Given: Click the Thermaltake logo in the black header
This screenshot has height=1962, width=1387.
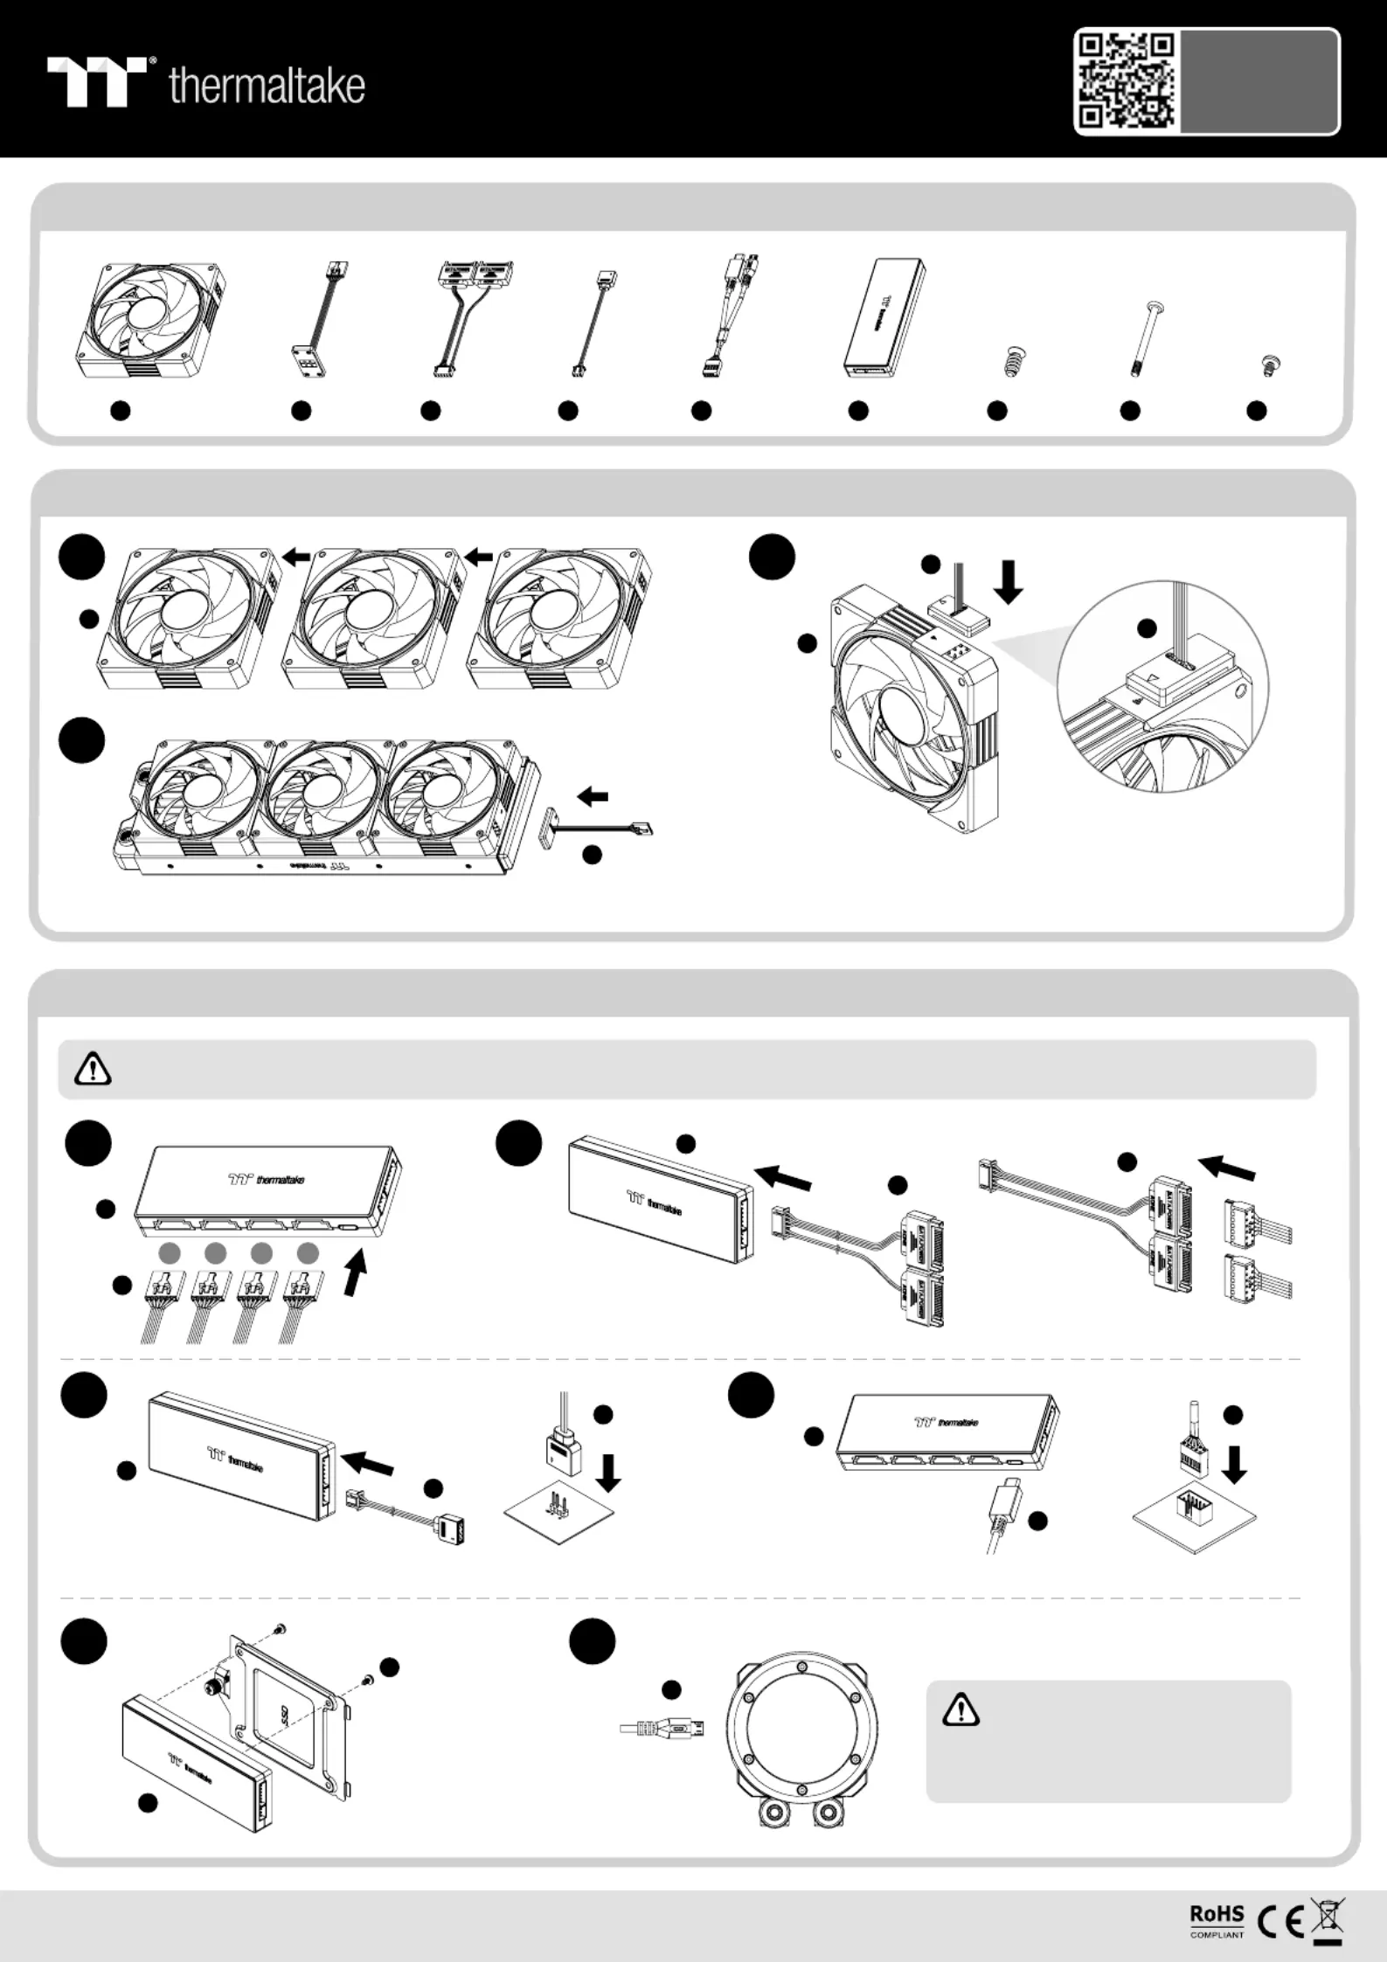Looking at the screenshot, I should pyautogui.click(x=206, y=83).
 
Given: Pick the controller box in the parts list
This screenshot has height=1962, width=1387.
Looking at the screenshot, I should pyautogui.click(x=884, y=316).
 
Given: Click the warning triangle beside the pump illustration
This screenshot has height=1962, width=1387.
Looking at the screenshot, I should pyautogui.click(x=960, y=1708).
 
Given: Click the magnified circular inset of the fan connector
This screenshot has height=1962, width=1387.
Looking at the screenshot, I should pyautogui.click(x=1162, y=688).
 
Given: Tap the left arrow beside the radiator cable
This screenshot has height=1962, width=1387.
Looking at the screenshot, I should pyautogui.click(x=593, y=796).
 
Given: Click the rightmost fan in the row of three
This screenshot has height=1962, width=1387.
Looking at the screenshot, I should pyautogui.click(x=559, y=617).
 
